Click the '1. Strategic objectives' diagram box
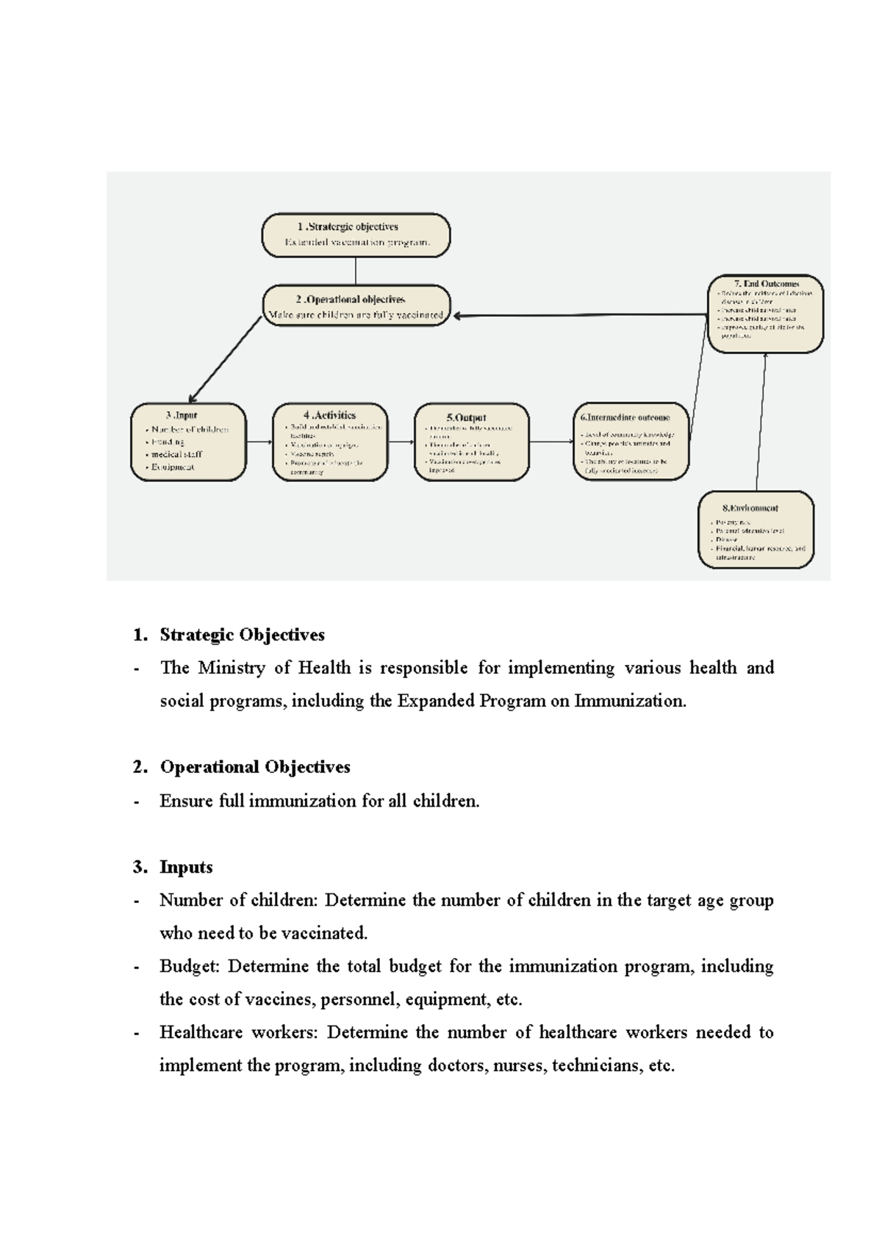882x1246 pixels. (x=356, y=235)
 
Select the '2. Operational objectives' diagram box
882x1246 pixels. (x=356, y=306)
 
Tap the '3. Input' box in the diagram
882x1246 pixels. (x=188, y=442)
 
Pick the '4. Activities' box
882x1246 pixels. (x=330, y=442)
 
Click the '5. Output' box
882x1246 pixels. (x=471, y=442)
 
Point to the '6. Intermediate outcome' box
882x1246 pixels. (x=631, y=442)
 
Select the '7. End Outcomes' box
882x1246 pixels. (x=765, y=314)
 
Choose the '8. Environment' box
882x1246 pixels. (x=756, y=530)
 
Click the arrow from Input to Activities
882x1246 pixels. (x=259, y=442)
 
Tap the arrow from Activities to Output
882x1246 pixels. (x=401, y=442)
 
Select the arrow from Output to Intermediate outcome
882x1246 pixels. (x=551, y=442)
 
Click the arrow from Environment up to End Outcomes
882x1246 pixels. (x=761, y=422)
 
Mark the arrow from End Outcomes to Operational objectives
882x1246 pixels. (x=581, y=316)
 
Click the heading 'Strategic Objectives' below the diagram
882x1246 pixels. (x=242, y=635)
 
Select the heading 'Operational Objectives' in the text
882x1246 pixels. (x=254, y=767)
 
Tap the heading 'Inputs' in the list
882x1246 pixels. (x=186, y=867)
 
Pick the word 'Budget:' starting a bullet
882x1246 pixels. (x=190, y=966)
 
